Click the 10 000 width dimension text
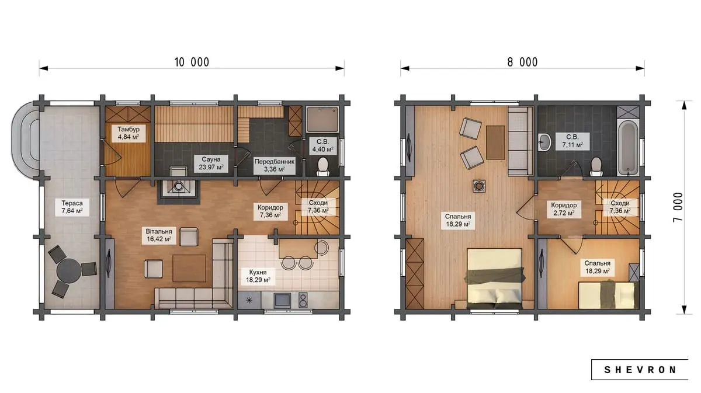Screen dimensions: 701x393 coord(192,62)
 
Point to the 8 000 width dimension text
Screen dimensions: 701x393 coord(522,62)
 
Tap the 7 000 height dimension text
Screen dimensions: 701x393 coord(678,207)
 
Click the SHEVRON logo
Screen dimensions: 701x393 coord(640,370)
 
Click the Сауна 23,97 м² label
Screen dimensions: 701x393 coord(211,164)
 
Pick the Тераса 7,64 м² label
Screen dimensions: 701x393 coord(72,207)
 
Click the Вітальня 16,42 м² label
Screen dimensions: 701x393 coord(159,235)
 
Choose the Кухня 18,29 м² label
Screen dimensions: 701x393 coord(258,276)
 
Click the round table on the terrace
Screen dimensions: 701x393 coord(69,271)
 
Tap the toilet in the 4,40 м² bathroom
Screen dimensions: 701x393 coord(323,167)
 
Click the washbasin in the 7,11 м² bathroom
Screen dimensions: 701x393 coord(545,142)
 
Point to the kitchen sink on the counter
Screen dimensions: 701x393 coord(282,300)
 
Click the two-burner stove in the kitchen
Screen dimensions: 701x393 coord(303,300)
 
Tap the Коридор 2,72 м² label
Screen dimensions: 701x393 coord(564,209)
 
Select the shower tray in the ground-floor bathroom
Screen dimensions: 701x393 coord(322,119)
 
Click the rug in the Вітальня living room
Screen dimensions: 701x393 coord(189,268)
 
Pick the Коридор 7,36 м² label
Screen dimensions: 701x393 coord(270,211)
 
